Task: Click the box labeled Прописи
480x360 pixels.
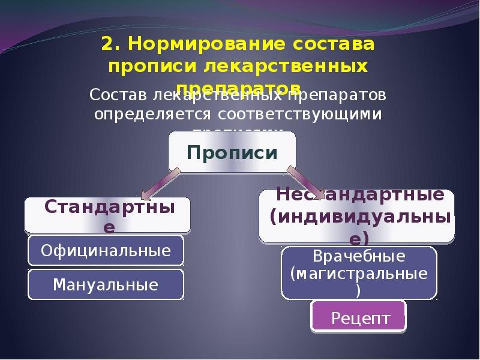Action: coord(232,151)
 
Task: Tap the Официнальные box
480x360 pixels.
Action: coord(106,250)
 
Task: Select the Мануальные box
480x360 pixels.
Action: coord(106,284)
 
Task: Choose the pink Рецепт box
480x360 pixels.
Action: coord(359,316)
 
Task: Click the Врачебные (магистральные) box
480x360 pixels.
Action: coord(359,273)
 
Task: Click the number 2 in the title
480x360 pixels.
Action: coord(107,44)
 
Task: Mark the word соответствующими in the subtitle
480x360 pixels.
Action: coord(299,113)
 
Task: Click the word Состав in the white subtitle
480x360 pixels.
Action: coord(117,95)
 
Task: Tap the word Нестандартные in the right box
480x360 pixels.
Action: coord(360,195)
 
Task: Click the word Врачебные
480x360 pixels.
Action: coord(359,256)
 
